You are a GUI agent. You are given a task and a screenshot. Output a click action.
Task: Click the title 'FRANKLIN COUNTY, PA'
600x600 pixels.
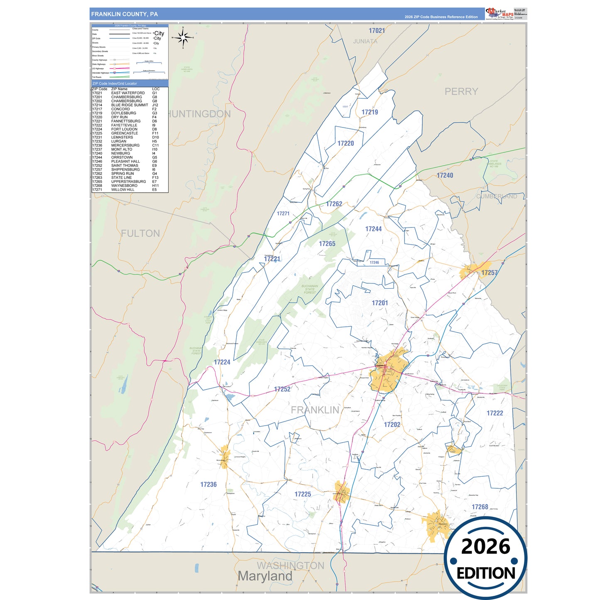coord(124,14)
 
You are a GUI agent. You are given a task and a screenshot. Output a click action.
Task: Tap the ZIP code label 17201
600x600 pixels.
coord(380,303)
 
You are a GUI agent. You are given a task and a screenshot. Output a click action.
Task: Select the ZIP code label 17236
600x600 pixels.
coord(208,485)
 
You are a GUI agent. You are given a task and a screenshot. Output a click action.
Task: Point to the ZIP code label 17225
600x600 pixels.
coord(303,494)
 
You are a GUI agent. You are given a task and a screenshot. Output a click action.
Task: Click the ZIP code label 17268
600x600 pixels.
coord(480,507)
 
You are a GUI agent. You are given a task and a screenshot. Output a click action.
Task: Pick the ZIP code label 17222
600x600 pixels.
coord(495,413)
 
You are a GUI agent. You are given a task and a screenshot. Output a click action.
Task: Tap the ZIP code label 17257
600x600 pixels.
coord(489,273)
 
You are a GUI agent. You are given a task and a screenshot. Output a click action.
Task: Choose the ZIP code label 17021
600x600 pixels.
coord(377,31)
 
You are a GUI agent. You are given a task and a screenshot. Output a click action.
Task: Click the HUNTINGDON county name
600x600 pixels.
coord(199,114)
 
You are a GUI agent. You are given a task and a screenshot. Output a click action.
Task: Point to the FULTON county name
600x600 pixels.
coord(140,234)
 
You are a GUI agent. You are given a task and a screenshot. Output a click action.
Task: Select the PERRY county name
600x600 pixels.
coord(461,92)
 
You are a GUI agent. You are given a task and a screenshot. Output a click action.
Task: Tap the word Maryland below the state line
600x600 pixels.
coord(265,576)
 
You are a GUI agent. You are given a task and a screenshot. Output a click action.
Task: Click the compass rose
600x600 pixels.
coord(183,38)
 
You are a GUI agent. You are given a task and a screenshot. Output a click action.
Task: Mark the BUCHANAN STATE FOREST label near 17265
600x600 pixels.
coord(309,289)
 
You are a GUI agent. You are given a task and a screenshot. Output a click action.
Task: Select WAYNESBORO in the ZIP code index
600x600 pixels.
coord(124,186)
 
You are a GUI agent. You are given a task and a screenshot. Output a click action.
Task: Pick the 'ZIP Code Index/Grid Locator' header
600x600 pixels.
coord(115,83)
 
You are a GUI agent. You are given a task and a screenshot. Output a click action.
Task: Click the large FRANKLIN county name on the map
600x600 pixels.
coord(315,410)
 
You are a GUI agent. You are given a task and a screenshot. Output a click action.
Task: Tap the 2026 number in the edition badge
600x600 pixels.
coord(485,546)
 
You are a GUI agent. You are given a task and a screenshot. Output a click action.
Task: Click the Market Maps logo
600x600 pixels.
coord(500,14)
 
